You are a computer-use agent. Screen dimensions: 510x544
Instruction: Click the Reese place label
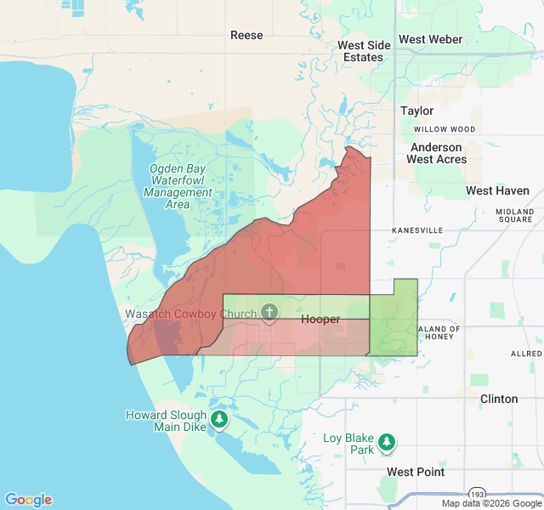pos(246,35)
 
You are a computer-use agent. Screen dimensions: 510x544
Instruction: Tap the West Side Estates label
pos(364,51)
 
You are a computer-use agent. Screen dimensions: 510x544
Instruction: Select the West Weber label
pos(430,39)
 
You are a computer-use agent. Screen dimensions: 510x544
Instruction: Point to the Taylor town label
pos(416,110)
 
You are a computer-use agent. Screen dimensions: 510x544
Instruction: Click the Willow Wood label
pos(445,129)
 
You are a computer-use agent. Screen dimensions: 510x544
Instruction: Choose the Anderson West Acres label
pos(436,153)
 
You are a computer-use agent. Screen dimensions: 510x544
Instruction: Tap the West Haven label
pos(497,191)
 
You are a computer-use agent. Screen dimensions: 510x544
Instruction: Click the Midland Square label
pos(515,215)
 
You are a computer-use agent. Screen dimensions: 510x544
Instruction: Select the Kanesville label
pos(417,230)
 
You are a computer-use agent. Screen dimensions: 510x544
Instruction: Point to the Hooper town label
pos(320,320)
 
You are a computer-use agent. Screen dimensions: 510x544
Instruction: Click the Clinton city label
pos(499,399)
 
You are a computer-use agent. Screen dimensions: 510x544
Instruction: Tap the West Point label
pos(415,472)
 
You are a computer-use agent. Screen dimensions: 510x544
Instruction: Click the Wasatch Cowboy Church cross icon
pos(269,312)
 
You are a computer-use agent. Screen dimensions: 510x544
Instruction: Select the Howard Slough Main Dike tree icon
pos(220,419)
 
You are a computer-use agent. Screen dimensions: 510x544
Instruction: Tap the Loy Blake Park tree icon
pos(387,441)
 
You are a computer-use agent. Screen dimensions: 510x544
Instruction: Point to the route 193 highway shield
pos(479,493)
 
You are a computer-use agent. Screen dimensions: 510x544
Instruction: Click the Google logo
pos(28,500)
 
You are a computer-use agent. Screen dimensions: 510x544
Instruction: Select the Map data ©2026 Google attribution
pos(491,503)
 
